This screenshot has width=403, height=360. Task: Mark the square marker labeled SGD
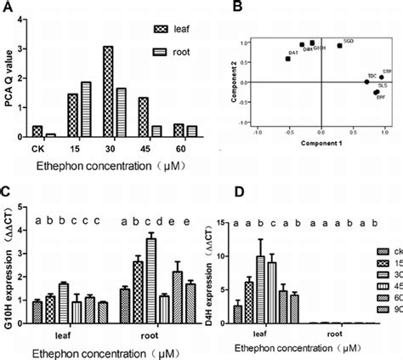click(x=339, y=45)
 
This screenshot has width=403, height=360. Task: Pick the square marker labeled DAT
click(x=288, y=58)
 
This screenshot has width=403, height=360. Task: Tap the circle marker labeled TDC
click(x=366, y=82)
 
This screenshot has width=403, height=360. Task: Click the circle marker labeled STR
click(x=381, y=77)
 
